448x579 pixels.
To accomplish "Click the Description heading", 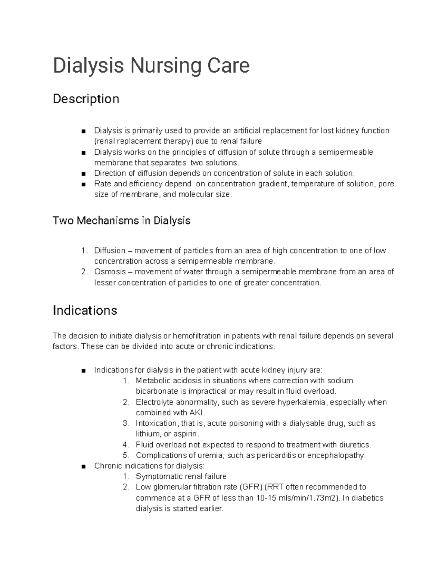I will [86, 99].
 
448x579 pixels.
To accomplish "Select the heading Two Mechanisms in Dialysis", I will [121, 221].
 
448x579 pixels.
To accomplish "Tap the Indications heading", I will [85, 310].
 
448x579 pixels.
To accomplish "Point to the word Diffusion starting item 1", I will [110, 251].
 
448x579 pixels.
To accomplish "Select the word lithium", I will [147, 434].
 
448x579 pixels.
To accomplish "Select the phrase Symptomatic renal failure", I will [181, 476].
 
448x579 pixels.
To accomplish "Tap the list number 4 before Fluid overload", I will [125, 445].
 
